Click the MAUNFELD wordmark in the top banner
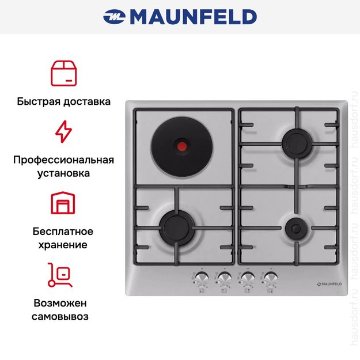coord(194,17)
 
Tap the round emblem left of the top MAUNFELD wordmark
coord(115,17)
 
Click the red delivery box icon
coord(63,73)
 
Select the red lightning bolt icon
coord(63,131)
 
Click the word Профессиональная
coord(63,160)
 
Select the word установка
coord(63,173)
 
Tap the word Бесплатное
coord(63,232)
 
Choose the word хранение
coord(63,245)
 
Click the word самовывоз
coord(63,317)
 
